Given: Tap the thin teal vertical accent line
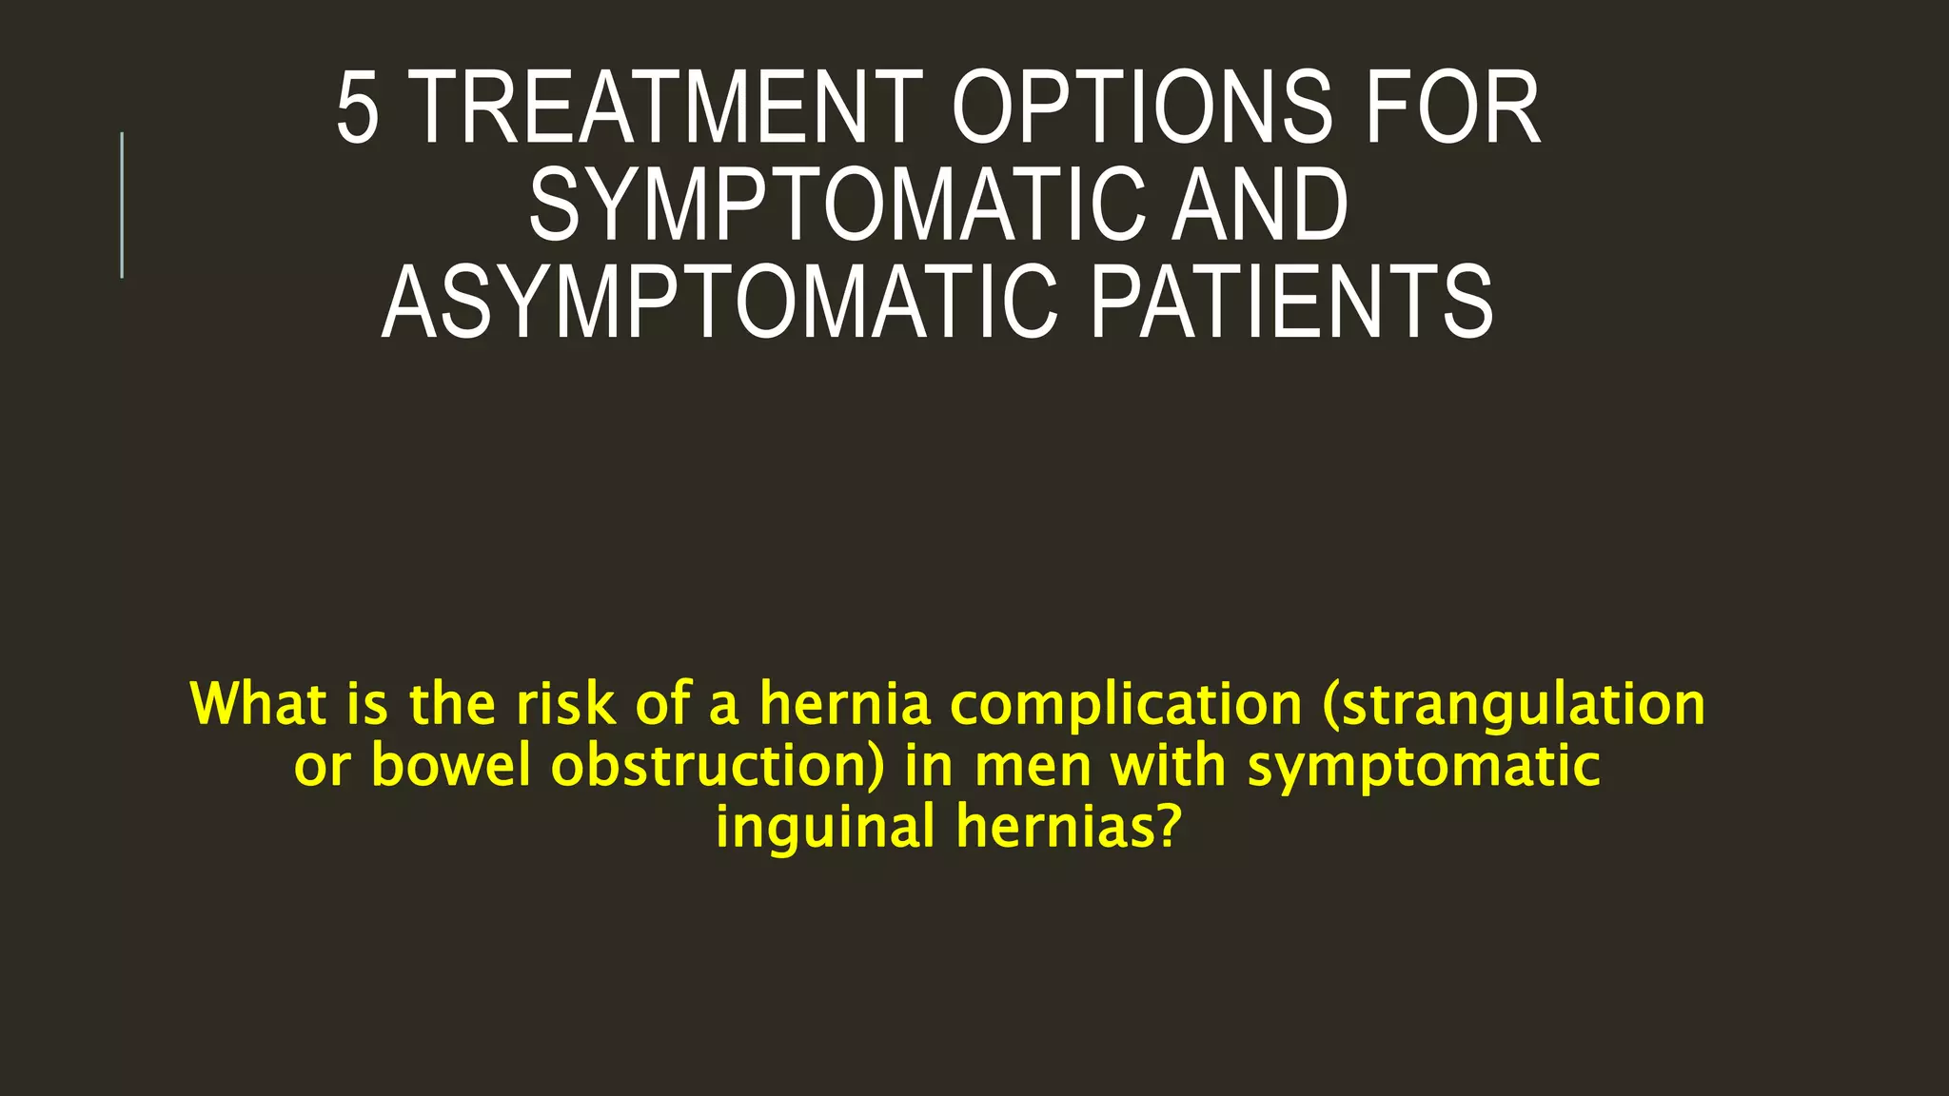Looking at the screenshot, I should (122, 205).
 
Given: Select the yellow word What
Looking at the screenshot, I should (259, 704).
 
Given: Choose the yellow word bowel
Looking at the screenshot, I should (450, 765).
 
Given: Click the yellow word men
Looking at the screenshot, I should (1033, 767).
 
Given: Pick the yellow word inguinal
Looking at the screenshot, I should (825, 826).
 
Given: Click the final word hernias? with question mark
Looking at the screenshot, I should (1069, 826).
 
